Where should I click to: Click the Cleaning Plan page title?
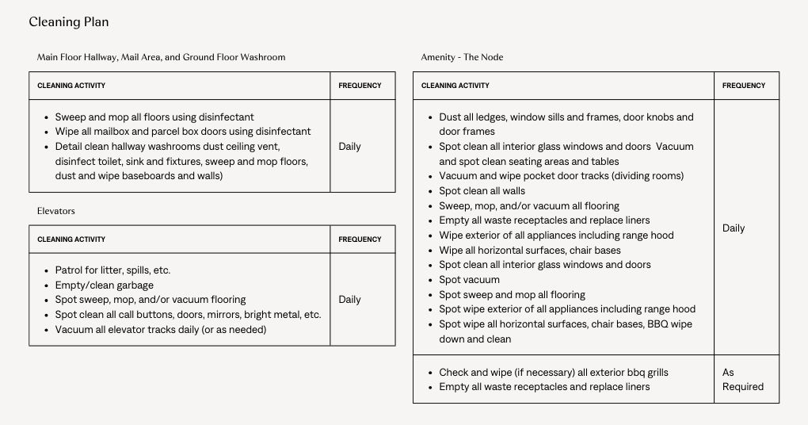[x=69, y=22]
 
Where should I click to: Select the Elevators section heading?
[x=55, y=211]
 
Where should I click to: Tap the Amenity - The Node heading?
[x=462, y=57]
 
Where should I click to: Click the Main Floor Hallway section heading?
[x=161, y=57]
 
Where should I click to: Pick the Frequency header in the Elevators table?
[x=360, y=239]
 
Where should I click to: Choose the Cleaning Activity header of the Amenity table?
[x=455, y=86]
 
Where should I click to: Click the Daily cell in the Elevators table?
[x=349, y=300]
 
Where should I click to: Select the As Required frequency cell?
[x=743, y=379]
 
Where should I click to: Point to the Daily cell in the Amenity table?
[x=734, y=228]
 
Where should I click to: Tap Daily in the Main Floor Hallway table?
[x=349, y=147]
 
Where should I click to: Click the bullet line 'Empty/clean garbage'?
[x=105, y=285]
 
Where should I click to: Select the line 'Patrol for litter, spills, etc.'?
[x=112, y=270]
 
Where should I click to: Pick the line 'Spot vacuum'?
[x=470, y=280]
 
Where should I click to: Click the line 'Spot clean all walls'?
[x=482, y=191]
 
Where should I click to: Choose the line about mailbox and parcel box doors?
[x=183, y=132]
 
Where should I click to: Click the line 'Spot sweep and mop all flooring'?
[x=513, y=295]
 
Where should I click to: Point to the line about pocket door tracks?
[x=561, y=176]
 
